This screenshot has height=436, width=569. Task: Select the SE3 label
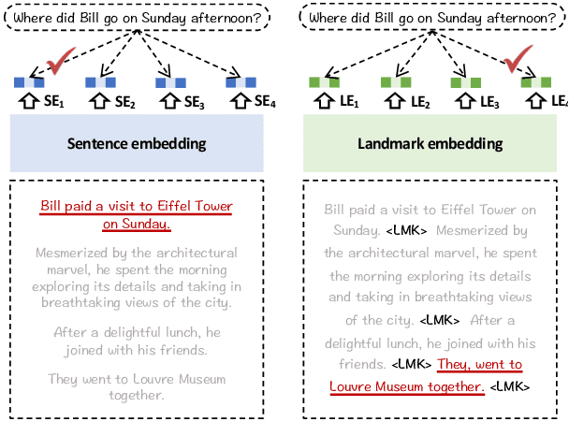(195, 102)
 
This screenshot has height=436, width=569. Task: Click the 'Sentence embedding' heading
(137, 143)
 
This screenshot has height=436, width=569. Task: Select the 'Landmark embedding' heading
(430, 143)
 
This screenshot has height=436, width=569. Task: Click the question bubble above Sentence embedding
(138, 16)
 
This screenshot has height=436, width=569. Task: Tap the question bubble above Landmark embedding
(430, 16)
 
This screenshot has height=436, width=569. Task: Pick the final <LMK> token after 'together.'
(511, 385)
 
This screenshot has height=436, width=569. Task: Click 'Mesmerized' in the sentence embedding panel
(73, 254)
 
